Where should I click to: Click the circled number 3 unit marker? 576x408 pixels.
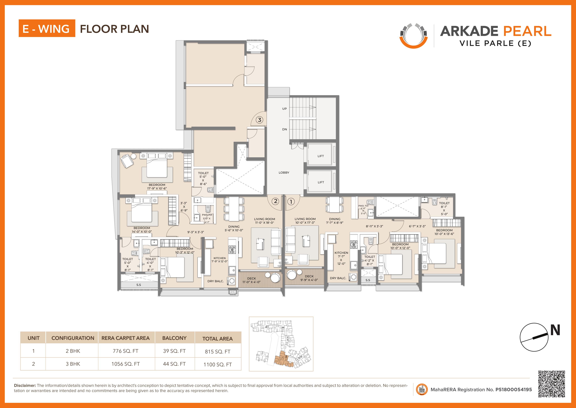260,120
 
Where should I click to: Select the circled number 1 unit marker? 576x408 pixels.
291,201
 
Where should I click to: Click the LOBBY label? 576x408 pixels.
284,173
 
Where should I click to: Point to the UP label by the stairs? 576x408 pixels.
284,109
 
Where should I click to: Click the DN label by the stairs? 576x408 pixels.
284,129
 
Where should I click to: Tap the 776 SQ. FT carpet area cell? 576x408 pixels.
125,351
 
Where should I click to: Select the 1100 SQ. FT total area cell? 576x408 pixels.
218,365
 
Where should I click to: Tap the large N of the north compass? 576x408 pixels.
555,330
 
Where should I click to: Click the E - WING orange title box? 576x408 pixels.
47,28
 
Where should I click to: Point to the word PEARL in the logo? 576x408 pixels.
527,31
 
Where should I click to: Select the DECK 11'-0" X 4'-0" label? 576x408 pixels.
251,280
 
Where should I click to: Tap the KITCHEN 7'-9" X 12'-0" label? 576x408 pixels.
219,260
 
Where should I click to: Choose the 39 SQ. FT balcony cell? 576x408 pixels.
174,351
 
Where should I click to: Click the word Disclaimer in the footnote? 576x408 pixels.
25,385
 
